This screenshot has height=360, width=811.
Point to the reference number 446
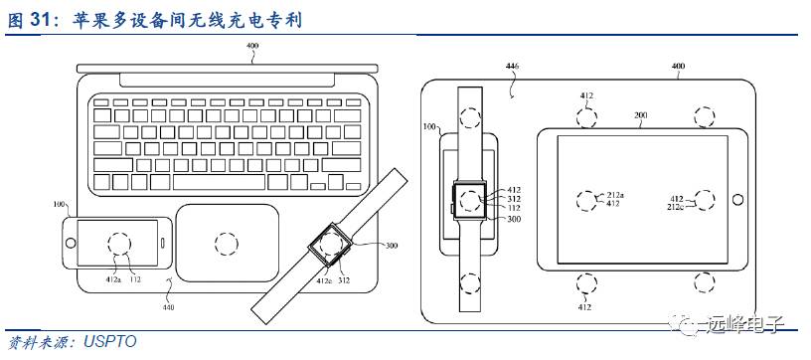512,67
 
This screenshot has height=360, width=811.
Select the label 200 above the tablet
641,115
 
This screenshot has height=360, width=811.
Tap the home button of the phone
70,243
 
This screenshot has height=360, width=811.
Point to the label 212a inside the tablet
616,195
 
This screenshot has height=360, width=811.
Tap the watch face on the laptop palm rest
330,245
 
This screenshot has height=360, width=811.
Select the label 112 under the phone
135,281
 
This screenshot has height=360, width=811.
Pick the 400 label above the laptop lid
252,47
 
